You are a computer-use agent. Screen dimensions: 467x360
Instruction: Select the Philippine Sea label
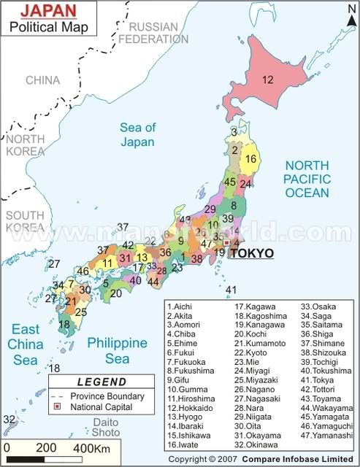[118, 350]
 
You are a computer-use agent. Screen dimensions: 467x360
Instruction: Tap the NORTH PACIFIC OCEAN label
[307, 179]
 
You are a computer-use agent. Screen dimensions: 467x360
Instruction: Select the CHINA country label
[42, 80]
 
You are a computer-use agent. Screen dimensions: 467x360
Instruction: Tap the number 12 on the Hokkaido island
[268, 80]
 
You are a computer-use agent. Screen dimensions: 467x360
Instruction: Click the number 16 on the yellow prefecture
[250, 159]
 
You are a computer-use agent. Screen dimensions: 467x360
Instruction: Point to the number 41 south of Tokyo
[231, 290]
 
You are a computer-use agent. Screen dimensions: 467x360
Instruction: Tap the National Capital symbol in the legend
[55, 407]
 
